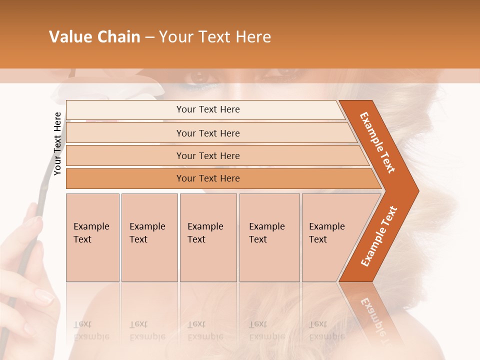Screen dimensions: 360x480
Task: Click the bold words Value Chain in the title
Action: [94, 37]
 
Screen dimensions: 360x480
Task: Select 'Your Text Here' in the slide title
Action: [215, 37]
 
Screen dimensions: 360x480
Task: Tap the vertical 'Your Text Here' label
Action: [57, 143]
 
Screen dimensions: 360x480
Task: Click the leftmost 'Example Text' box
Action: [92, 237]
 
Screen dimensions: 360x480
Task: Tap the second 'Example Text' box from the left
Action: [149, 237]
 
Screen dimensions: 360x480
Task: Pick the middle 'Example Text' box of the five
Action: [208, 237]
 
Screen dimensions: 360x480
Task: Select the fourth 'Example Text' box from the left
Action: [269, 237]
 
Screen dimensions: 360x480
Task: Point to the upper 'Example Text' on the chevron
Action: [377, 142]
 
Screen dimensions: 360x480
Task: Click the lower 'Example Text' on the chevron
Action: [379, 236]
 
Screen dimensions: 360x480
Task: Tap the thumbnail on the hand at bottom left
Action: [44, 297]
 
